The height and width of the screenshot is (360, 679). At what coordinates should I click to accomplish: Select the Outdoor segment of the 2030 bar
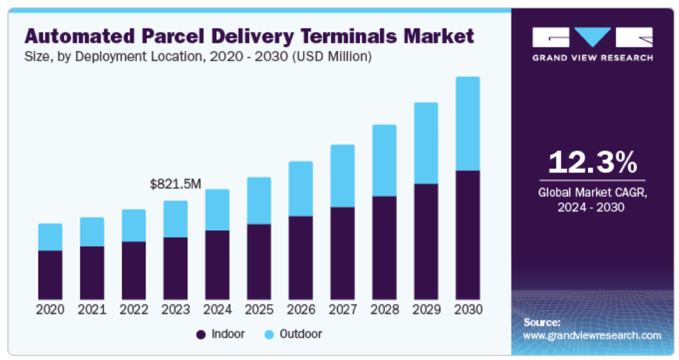pos(468,124)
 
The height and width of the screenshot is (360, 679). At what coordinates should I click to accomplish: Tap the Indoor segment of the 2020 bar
pos(50,275)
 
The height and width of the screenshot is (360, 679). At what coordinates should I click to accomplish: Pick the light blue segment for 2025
pos(259,200)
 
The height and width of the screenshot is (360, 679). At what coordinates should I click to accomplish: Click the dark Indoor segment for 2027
pos(342,253)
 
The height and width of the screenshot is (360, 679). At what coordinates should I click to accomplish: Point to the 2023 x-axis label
pos(176,309)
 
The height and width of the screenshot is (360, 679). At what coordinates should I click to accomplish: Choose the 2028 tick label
pos(384,309)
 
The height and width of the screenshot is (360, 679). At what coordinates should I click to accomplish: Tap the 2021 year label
pos(92,309)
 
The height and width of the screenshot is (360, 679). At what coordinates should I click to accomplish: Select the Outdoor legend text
pos(301,334)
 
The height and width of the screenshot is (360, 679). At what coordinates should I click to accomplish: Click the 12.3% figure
pos(592,162)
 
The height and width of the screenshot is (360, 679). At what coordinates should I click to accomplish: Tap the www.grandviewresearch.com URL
pos(592,335)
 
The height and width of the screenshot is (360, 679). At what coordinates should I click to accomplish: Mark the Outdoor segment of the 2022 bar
pos(134,226)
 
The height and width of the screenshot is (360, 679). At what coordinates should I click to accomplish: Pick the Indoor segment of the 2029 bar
pos(426,242)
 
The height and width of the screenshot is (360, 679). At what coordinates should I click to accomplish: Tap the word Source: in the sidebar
pos(542,323)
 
